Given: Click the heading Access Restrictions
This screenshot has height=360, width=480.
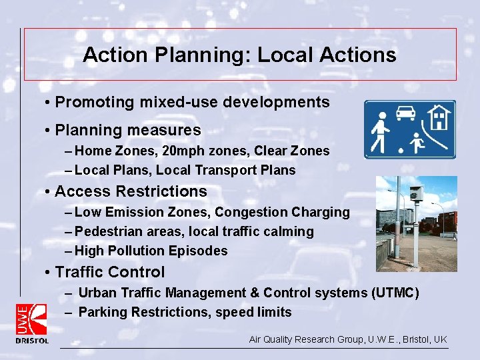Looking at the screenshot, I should tap(131, 191).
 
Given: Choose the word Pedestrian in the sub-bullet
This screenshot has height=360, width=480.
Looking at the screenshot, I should tap(108, 232).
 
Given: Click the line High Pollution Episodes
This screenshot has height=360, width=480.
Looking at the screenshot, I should tap(151, 251).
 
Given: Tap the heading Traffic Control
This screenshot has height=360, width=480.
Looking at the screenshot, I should tap(110, 272).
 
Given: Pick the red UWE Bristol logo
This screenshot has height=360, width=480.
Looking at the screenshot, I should tap(31, 323).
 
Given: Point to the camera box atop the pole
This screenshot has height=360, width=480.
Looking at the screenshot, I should tap(416, 194).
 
